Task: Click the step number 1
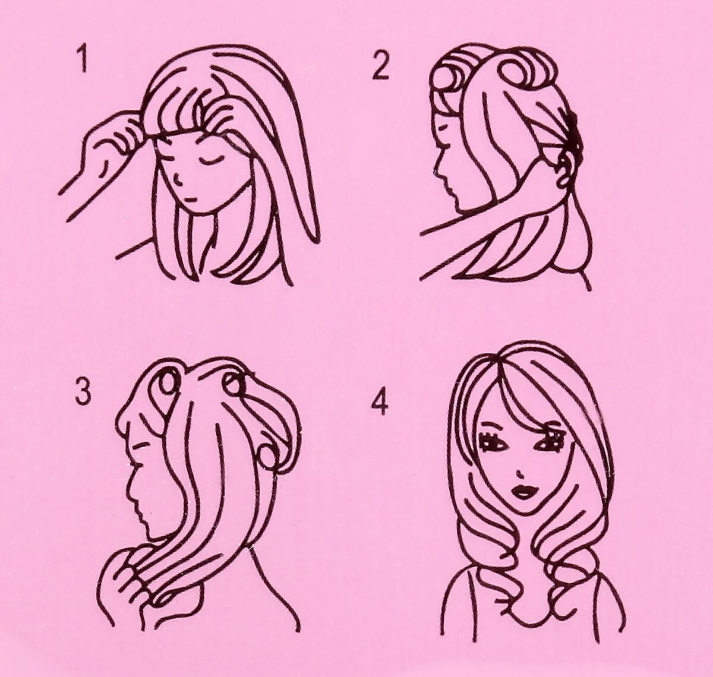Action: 84,61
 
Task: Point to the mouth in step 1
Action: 190,199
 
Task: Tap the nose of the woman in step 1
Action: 176,179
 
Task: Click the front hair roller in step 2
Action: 449,78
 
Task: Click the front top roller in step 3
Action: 167,384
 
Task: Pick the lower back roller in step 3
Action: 270,456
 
